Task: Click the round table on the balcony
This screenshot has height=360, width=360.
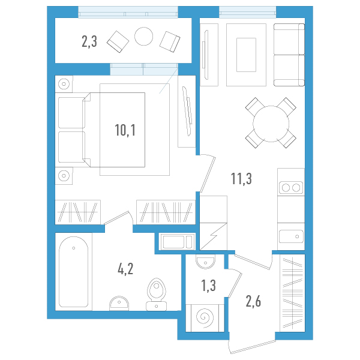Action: click(x=145, y=37)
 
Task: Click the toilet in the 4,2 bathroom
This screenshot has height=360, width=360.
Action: click(x=157, y=293)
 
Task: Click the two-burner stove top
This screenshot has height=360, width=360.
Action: click(x=291, y=188)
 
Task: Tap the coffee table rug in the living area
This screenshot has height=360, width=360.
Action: click(x=247, y=53)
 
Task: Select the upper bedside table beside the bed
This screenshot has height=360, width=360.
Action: click(x=64, y=84)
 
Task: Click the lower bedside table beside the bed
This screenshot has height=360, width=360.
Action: click(x=64, y=176)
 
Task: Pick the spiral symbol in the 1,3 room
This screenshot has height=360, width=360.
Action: click(x=205, y=316)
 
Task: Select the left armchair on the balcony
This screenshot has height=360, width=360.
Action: click(x=117, y=40)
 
